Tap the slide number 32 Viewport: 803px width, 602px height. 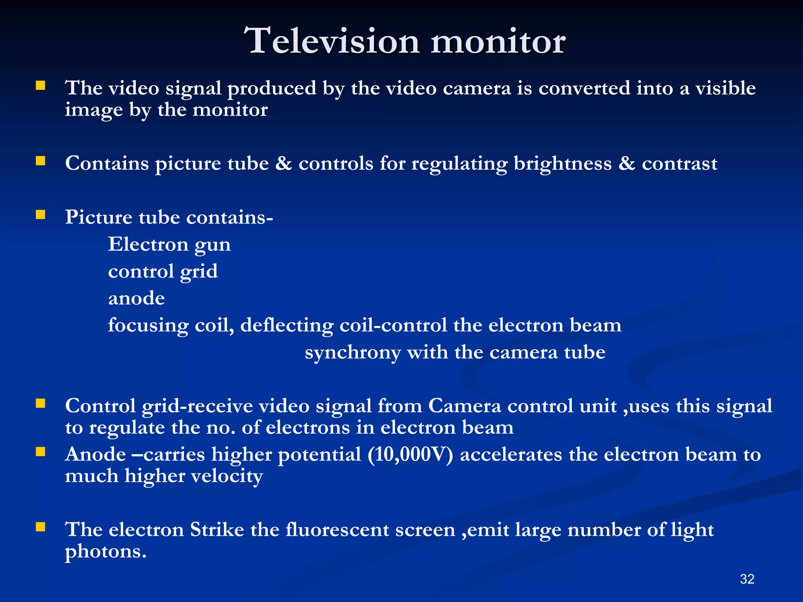pyautogui.click(x=747, y=579)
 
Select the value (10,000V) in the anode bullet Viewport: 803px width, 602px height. pyautogui.click(x=411, y=455)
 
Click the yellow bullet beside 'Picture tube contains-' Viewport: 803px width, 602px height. pyautogui.click(x=40, y=214)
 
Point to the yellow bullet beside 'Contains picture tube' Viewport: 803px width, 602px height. pyautogui.click(x=40, y=161)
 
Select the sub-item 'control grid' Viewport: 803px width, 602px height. pyautogui.click(x=163, y=272)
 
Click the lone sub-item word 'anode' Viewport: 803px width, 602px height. pyautogui.click(x=136, y=299)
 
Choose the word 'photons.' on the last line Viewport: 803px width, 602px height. pyautogui.click(x=106, y=552)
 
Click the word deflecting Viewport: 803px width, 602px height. pyautogui.click(x=287, y=326)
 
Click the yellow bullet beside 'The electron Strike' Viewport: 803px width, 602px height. pyautogui.click(x=40, y=527)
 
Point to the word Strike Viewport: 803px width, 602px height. pyautogui.click(x=217, y=530)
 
